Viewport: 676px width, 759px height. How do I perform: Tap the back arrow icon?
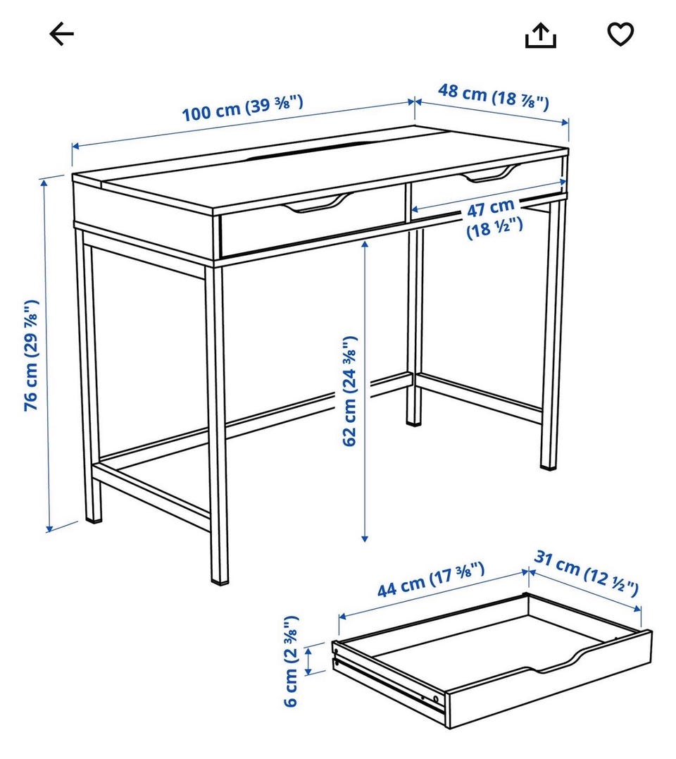point(61,34)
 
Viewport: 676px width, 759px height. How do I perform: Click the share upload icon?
point(541,35)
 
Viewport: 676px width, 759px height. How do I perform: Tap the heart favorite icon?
point(620,35)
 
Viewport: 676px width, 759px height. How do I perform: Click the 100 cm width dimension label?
point(243,108)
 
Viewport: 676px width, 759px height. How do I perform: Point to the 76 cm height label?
point(32,355)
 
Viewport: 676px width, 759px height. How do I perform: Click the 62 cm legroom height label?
point(350,391)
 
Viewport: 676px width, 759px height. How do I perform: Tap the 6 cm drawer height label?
point(290,661)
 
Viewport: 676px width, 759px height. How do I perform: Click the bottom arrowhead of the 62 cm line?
point(365,538)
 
